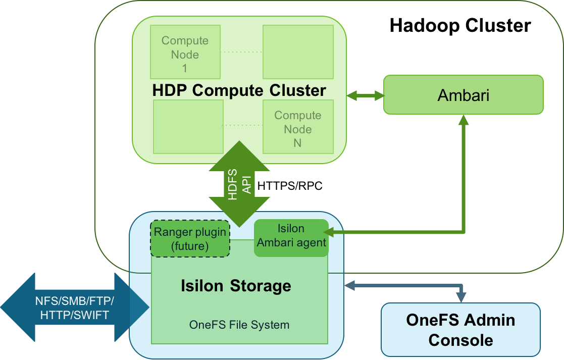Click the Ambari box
coord(463,95)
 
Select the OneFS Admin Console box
coord(460,330)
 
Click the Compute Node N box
coord(298,129)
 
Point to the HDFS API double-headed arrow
coord(239,184)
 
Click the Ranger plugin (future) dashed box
coord(190,239)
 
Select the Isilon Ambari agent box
coord(291,236)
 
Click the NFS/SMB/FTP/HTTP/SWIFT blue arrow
coord(75,307)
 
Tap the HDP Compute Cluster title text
coord(239,91)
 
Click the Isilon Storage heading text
coord(236,286)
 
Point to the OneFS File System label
coord(239,325)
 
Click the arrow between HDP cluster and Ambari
coord(365,95)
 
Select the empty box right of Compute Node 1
coord(298,52)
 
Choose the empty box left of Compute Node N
coord(188,127)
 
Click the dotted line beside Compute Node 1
coord(241,52)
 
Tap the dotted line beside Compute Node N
coord(242,125)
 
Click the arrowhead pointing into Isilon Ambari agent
coord(328,232)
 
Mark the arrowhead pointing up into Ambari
coord(463,120)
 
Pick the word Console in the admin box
coord(460,340)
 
